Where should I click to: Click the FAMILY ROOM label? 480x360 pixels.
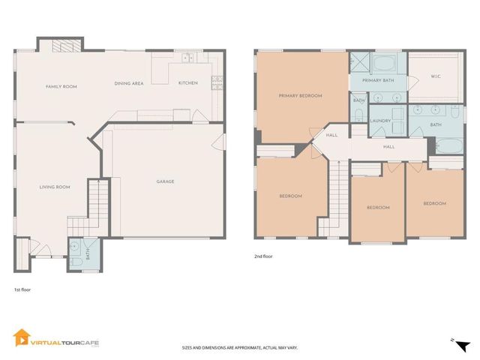(x=61, y=87)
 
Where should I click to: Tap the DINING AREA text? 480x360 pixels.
(x=128, y=83)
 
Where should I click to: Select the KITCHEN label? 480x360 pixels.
(x=187, y=82)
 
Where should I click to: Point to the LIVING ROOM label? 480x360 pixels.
(x=55, y=187)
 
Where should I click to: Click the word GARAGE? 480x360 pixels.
(x=166, y=181)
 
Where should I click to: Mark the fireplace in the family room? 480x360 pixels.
(x=59, y=46)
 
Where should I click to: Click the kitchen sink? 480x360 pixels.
(x=187, y=57)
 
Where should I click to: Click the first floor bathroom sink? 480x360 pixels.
(x=76, y=247)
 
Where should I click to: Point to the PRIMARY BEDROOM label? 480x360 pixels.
(x=300, y=95)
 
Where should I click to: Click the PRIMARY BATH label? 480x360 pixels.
(x=378, y=79)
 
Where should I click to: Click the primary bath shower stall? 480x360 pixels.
(x=361, y=61)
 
